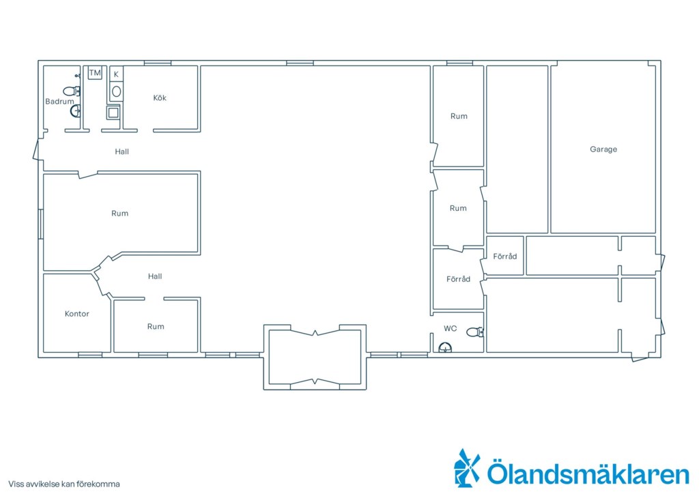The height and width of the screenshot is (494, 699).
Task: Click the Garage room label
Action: [603, 149]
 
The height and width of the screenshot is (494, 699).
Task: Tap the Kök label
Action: [160, 98]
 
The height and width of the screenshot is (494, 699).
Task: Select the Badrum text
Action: [59, 102]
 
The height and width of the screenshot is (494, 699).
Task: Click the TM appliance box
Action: [95, 72]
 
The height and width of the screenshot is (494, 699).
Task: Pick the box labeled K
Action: [116, 74]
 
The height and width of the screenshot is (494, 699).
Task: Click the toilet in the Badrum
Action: [71, 91]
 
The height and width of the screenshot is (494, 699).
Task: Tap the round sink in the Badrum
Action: [76, 111]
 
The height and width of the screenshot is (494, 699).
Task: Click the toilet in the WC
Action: [475, 332]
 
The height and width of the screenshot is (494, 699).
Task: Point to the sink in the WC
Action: [445, 347]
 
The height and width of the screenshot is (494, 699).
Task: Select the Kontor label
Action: [76, 314]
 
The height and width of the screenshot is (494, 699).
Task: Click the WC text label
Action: [451, 328]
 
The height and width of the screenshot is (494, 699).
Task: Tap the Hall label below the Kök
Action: [122, 151]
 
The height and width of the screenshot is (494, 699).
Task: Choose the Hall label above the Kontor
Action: [155, 276]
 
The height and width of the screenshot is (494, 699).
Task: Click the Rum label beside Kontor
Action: [156, 327]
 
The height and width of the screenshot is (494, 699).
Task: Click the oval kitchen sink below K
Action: [116, 91]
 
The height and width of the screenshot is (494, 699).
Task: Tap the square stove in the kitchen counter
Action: [113, 113]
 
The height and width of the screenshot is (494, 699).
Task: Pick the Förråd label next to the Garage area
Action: [504, 256]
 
